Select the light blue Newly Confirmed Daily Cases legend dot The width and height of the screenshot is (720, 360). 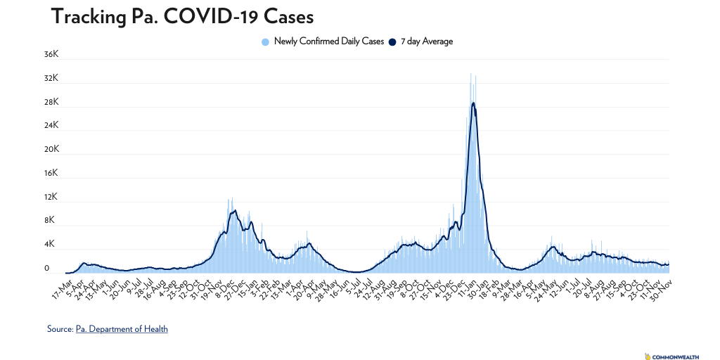266,41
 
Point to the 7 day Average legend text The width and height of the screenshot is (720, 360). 427,41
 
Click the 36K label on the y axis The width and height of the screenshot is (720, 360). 51,54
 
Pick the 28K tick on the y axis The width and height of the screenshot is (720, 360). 51,102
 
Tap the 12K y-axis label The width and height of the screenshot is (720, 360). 51,197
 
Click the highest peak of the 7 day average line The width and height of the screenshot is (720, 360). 473,103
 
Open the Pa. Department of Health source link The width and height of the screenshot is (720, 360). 122,328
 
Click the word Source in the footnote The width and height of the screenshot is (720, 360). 60,328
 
